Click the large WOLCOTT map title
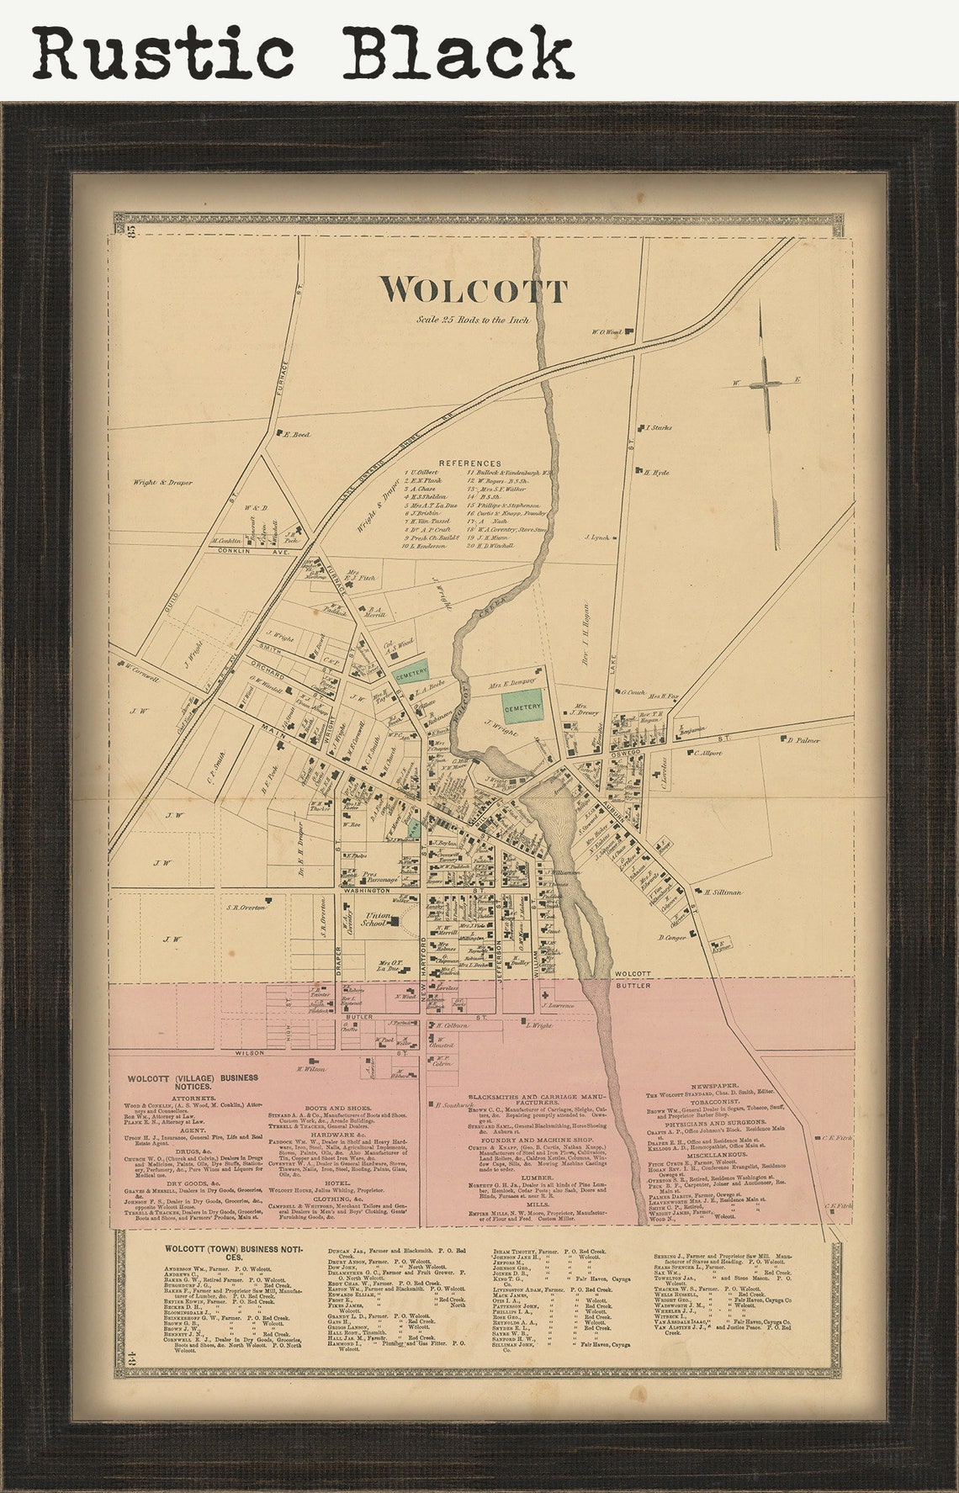(x=473, y=290)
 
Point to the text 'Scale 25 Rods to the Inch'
(x=472, y=320)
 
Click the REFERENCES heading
(x=469, y=463)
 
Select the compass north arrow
(x=766, y=382)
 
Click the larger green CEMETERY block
(x=522, y=707)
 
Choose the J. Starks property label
(x=660, y=428)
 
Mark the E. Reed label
(x=298, y=435)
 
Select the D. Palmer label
(x=803, y=740)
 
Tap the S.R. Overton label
(x=245, y=908)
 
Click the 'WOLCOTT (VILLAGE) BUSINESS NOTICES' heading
(x=193, y=1082)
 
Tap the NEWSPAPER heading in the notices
(x=714, y=1087)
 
